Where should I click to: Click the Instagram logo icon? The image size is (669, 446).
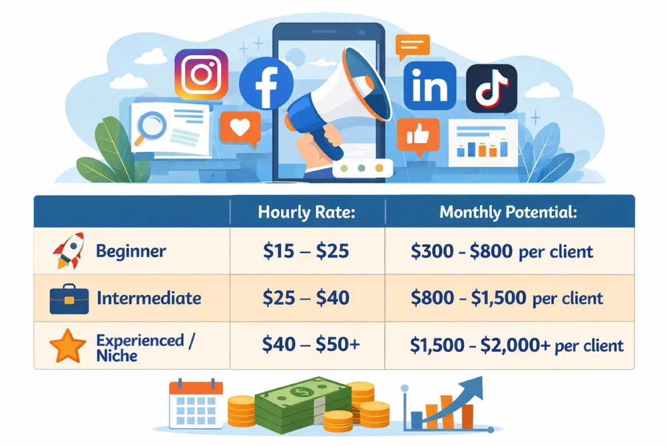click(x=201, y=74)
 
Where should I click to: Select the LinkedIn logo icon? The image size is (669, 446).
click(x=430, y=86)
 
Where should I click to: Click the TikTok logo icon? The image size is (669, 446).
click(x=492, y=88)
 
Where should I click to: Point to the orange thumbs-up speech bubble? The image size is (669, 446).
click(x=418, y=136)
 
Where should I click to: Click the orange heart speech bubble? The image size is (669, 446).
click(x=240, y=128)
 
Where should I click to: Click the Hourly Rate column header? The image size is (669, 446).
click(x=307, y=212)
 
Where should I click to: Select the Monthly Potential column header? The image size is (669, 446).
click(x=508, y=212)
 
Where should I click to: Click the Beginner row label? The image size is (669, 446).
click(x=131, y=251)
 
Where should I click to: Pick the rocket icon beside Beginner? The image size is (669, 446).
click(x=69, y=250)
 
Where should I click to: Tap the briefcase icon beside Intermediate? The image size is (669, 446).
click(x=69, y=299)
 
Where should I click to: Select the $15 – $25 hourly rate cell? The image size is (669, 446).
click(x=306, y=251)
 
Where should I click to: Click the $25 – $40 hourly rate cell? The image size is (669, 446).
click(x=306, y=298)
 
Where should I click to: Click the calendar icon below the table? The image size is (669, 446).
click(x=196, y=403)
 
